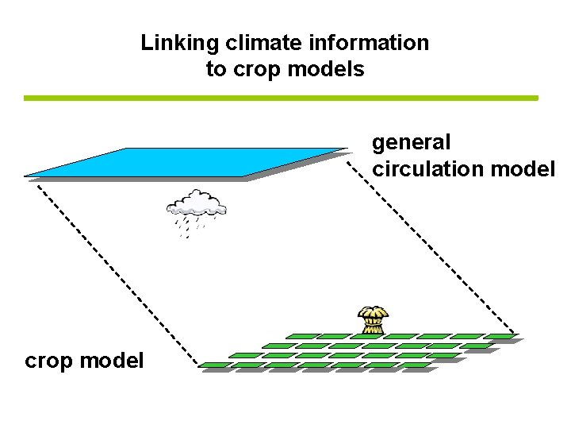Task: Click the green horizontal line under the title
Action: click(281, 98)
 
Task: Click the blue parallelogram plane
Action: click(186, 162)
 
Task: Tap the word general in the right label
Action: click(412, 143)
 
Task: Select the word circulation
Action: click(428, 169)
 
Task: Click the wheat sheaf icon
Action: click(371, 319)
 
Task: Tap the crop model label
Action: click(84, 361)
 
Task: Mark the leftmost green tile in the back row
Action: click(301, 336)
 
